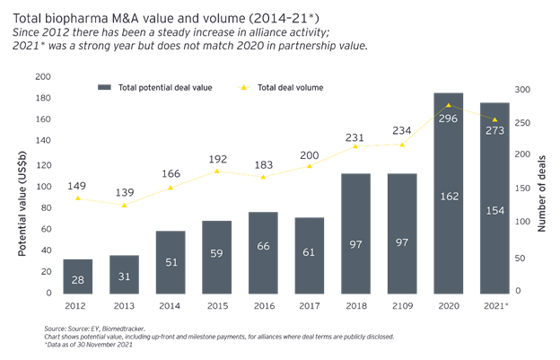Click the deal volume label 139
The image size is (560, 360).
pyautogui.click(x=124, y=193)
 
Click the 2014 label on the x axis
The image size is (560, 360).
pyautogui.click(x=171, y=306)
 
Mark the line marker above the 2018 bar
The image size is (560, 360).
pyautogui.click(x=355, y=146)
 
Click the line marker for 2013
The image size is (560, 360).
pyautogui.click(x=124, y=206)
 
